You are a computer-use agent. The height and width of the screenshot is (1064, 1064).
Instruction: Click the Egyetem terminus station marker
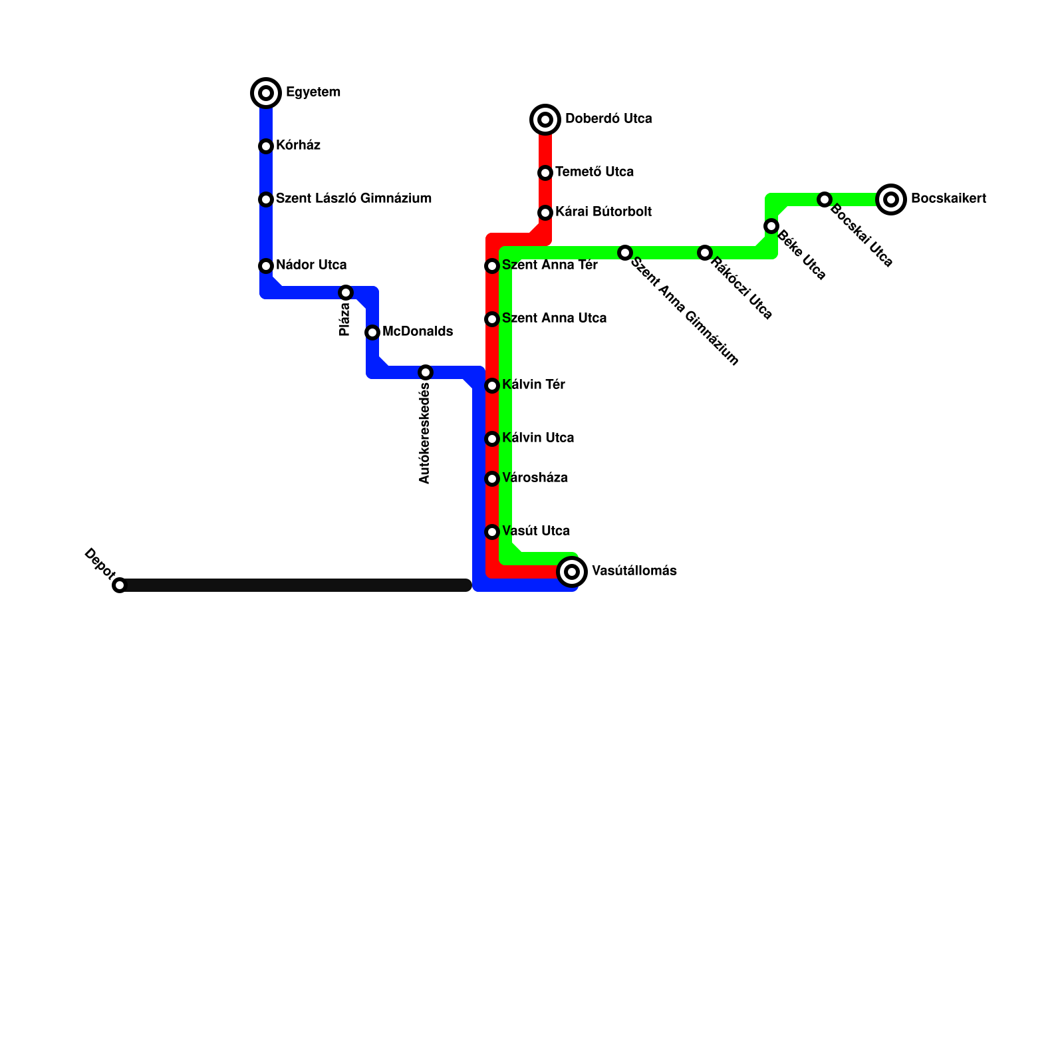[266, 93]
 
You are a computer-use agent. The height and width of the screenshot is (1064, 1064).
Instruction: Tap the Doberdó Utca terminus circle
[545, 120]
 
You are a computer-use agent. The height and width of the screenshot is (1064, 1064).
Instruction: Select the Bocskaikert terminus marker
[891, 199]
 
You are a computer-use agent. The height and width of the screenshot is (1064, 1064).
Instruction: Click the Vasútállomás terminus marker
[572, 572]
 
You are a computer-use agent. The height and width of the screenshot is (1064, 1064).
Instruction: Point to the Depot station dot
[120, 585]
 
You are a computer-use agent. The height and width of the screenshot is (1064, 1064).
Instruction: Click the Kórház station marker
[266, 146]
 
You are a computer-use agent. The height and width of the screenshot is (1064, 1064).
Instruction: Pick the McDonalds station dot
[372, 332]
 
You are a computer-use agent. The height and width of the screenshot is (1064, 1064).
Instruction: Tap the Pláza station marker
[346, 293]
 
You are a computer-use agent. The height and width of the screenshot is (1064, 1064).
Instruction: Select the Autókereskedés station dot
[426, 372]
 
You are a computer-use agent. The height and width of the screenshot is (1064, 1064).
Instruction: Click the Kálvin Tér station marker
[492, 386]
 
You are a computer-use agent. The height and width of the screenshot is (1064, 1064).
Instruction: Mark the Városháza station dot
[492, 479]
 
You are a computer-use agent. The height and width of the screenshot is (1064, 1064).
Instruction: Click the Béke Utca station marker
[771, 226]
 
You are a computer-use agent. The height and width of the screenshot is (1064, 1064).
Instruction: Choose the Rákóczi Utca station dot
[705, 253]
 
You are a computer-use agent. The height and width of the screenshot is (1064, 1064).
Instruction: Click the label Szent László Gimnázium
[354, 199]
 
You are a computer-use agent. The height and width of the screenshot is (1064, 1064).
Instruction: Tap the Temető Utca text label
[595, 172]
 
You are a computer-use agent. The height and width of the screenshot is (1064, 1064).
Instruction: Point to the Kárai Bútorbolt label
[603, 212]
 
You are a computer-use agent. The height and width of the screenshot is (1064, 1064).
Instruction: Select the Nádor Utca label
[311, 265]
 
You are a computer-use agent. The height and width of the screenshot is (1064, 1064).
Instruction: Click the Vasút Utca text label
[535, 531]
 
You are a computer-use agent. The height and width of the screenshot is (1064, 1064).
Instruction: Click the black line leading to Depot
[293, 585]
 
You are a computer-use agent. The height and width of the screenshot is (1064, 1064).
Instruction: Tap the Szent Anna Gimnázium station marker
[625, 253]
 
